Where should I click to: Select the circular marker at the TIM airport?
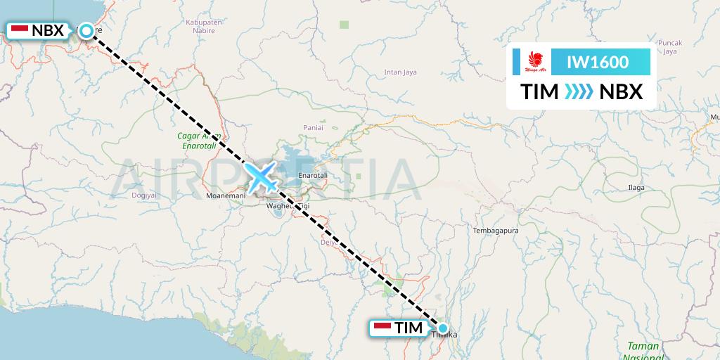(x=443, y=328)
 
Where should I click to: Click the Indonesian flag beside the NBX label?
(x=19, y=30)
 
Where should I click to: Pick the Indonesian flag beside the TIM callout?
(x=382, y=328)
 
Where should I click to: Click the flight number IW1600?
(x=598, y=62)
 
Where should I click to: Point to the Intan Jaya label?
(x=401, y=72)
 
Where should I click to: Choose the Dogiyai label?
(x=143, y=195)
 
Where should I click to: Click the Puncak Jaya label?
(x=669, y=47)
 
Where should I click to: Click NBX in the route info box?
(x=621, y=91)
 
